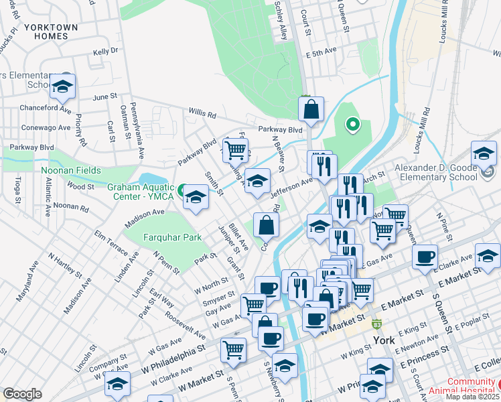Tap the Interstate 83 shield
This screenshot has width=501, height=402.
pyautogui.click(x=377, y=324)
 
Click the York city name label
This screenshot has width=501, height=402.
pyautogui.click(x=384, y=340)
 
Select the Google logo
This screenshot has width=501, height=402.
pyautogui.click(x=22, y=394)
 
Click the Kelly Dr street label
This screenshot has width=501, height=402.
pyautogui.click(x=106, y=51)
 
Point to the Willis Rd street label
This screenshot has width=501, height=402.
pyautogui.click(x=202, y=113)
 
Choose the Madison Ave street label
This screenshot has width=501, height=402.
pyautogui.click(x=144, y=212)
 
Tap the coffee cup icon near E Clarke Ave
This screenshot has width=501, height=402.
pyautogui.click(x=425, y=257)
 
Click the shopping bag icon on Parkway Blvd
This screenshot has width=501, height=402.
pyautogui.click(x=311, y=109)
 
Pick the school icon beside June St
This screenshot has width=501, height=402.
pyautogui.click(x=62, y=86)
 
